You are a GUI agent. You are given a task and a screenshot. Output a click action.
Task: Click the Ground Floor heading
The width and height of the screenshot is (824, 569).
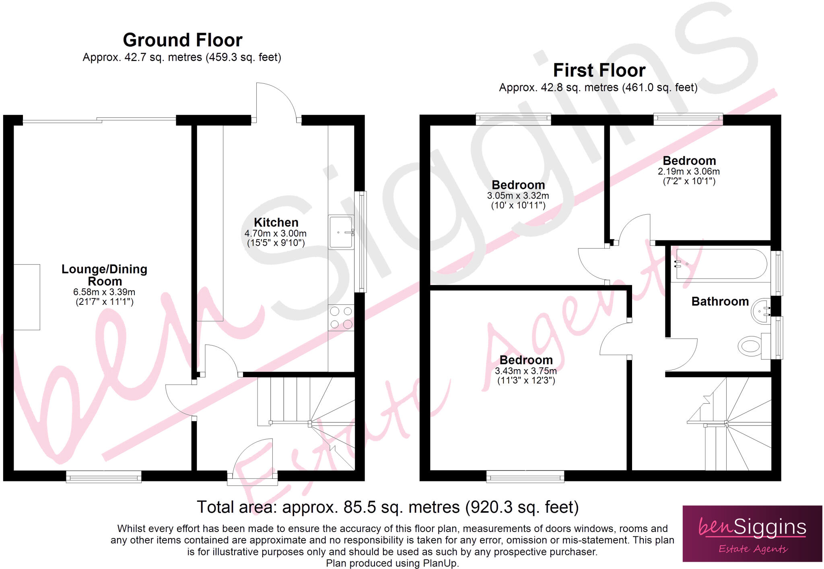[182, 40]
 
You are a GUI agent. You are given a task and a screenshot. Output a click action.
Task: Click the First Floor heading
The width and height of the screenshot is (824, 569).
[599, 70]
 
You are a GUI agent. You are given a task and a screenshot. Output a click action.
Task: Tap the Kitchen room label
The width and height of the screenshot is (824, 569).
[276, 222]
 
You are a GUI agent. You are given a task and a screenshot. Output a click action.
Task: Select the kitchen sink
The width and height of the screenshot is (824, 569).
[340, 232]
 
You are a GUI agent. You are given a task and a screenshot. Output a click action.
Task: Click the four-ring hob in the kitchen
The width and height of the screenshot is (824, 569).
[341, 318]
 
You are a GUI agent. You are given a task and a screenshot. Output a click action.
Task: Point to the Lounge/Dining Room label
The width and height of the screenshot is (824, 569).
[104, 275]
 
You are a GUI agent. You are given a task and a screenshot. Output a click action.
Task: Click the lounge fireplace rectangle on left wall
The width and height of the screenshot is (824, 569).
[27, 297]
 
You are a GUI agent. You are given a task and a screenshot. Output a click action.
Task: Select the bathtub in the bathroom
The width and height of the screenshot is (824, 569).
[721, 264]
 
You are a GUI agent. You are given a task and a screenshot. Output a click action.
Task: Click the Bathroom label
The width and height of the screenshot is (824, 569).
[720, 301]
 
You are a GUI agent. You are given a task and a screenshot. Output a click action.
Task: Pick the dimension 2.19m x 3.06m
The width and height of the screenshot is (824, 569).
[689, 171]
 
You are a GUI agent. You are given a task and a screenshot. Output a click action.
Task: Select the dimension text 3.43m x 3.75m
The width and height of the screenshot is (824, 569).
[525, 371]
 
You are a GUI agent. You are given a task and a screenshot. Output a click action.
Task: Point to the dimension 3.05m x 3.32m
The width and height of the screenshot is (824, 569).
[518, 196]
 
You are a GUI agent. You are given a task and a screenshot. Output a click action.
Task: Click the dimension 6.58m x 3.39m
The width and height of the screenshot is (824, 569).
[104, 292]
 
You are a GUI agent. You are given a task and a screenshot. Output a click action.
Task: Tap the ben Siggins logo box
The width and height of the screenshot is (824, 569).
[752, 533]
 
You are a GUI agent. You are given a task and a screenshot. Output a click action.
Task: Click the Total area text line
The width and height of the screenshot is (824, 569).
[387, 507]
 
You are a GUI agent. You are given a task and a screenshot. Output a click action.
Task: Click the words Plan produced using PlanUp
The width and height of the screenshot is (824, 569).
[392, 563]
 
